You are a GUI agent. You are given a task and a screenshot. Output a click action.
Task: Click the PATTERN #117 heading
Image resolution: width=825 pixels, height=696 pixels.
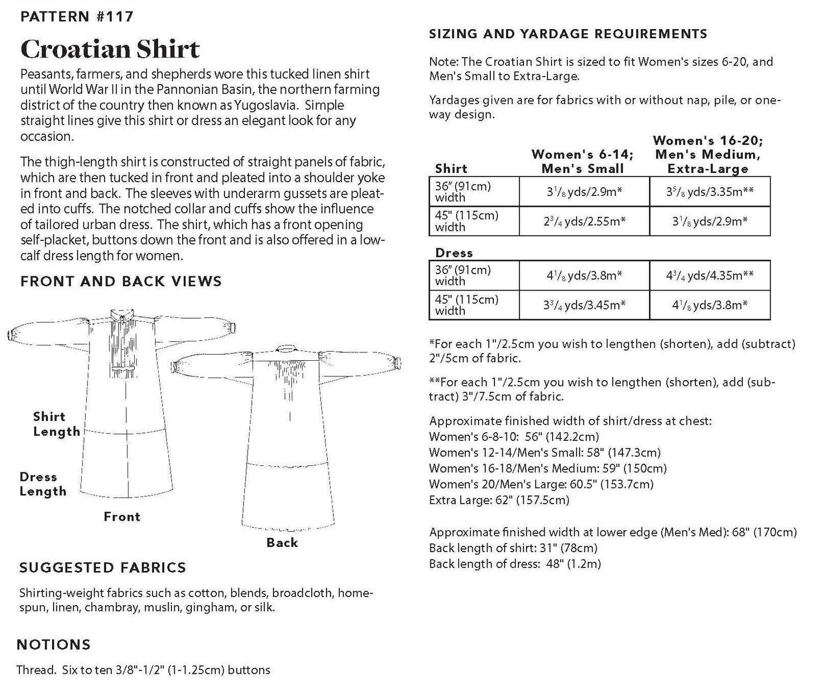(77, 17)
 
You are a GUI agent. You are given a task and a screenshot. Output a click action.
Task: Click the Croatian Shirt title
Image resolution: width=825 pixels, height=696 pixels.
(110, 49)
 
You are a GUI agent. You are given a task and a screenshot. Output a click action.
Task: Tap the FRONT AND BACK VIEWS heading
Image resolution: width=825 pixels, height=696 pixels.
(121, 281)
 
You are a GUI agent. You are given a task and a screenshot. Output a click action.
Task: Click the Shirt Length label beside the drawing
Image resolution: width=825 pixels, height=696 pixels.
(56, 424)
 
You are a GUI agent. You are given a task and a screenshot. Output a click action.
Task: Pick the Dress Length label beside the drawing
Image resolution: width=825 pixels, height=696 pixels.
(43, 484)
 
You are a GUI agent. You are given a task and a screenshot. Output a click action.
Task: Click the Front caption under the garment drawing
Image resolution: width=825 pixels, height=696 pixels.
(122, 517)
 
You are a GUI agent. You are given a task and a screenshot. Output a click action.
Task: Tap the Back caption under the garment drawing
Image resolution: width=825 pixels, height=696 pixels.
(282, 542)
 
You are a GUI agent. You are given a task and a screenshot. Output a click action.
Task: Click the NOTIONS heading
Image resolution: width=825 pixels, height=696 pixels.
(54, 645)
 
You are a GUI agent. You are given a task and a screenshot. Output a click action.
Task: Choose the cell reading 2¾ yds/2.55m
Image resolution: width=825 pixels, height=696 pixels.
(584, 221)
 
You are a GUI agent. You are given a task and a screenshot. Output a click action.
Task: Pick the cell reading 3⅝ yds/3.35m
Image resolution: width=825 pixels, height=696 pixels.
(710, 191)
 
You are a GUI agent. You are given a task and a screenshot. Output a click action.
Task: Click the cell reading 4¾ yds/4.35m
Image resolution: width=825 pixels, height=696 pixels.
(710, 275)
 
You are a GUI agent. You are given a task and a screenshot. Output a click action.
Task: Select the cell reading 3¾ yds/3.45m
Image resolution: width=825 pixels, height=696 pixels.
(584, 305)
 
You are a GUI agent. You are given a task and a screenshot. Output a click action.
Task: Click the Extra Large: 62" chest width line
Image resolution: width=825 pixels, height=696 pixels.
(499, 500)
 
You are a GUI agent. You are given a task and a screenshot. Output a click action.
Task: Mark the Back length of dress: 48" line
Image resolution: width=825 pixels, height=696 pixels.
(514, 564)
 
